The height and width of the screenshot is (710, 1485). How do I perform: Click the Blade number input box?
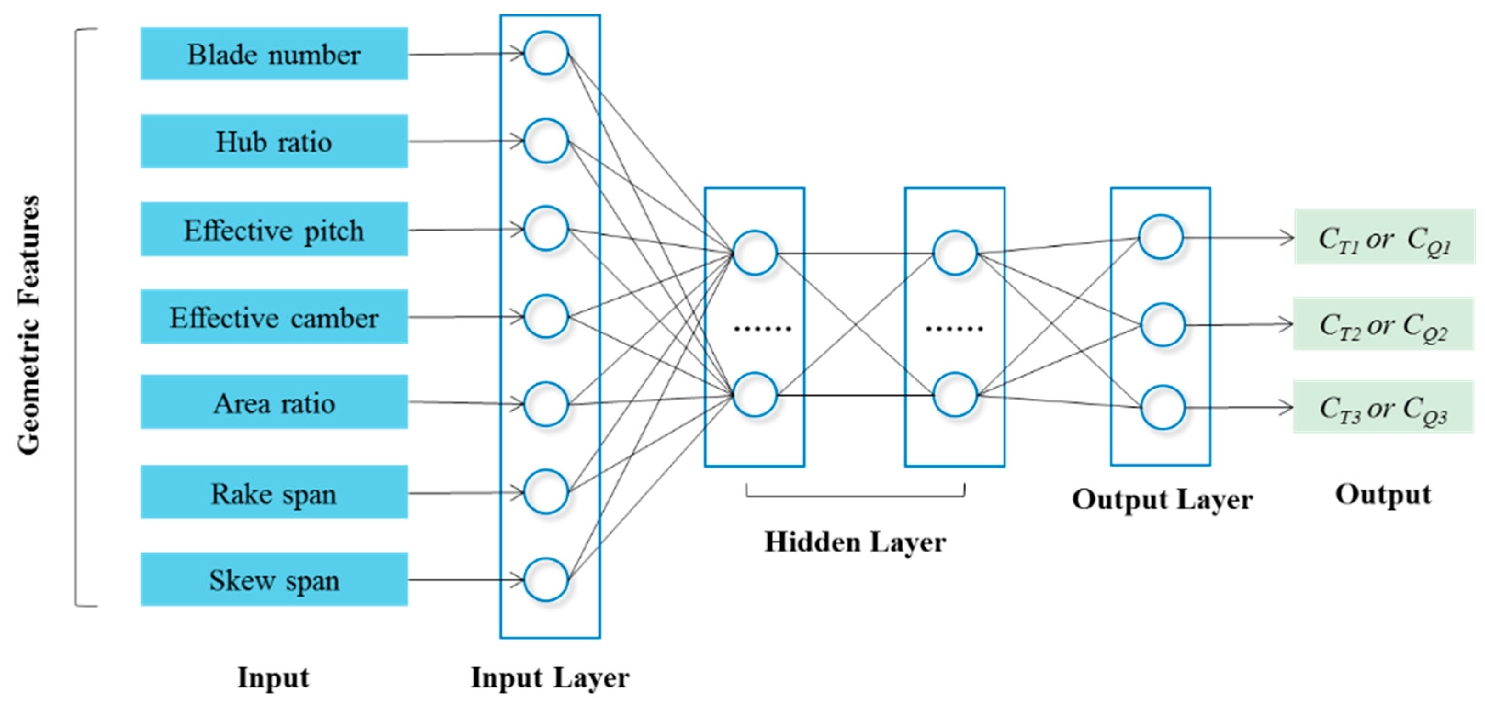274,54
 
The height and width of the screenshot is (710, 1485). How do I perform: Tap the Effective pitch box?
274,229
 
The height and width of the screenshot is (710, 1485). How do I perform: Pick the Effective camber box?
274,317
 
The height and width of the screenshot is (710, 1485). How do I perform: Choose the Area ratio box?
274,402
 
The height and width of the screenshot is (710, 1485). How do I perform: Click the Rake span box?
274,493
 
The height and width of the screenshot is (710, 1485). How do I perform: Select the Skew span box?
274,580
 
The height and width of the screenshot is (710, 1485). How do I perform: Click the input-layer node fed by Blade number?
545,53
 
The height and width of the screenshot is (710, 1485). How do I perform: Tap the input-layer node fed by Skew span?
545,580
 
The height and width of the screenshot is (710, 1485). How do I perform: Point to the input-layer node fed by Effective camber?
545,316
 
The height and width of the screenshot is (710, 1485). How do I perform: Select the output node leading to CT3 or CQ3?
1162,407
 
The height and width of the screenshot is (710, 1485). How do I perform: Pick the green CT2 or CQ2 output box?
1383,324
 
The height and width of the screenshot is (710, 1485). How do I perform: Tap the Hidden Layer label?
855,542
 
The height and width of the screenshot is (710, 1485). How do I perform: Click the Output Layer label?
1162,500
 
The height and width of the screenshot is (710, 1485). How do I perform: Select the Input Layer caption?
550,678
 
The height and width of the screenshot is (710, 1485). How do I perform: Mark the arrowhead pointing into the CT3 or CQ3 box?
1286,407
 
